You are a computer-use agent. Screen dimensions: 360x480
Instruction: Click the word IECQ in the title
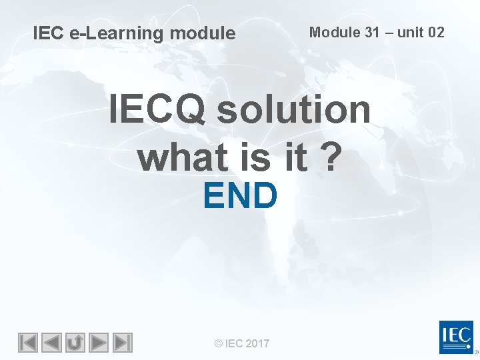(157, 109)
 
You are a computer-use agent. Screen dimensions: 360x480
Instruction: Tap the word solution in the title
(293, 109)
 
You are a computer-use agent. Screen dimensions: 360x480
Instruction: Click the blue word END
(240, 195)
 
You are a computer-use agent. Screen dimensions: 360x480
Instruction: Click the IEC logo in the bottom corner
(456, 337)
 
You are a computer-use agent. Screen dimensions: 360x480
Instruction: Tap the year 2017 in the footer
(257, 343)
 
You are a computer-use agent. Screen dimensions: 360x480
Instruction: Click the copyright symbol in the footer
(218, 343)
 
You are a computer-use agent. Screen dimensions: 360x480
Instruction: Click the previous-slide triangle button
(51, 343)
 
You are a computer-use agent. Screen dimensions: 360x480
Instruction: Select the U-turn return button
(75, 343)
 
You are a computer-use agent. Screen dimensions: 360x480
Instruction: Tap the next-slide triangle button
(99, 343)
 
